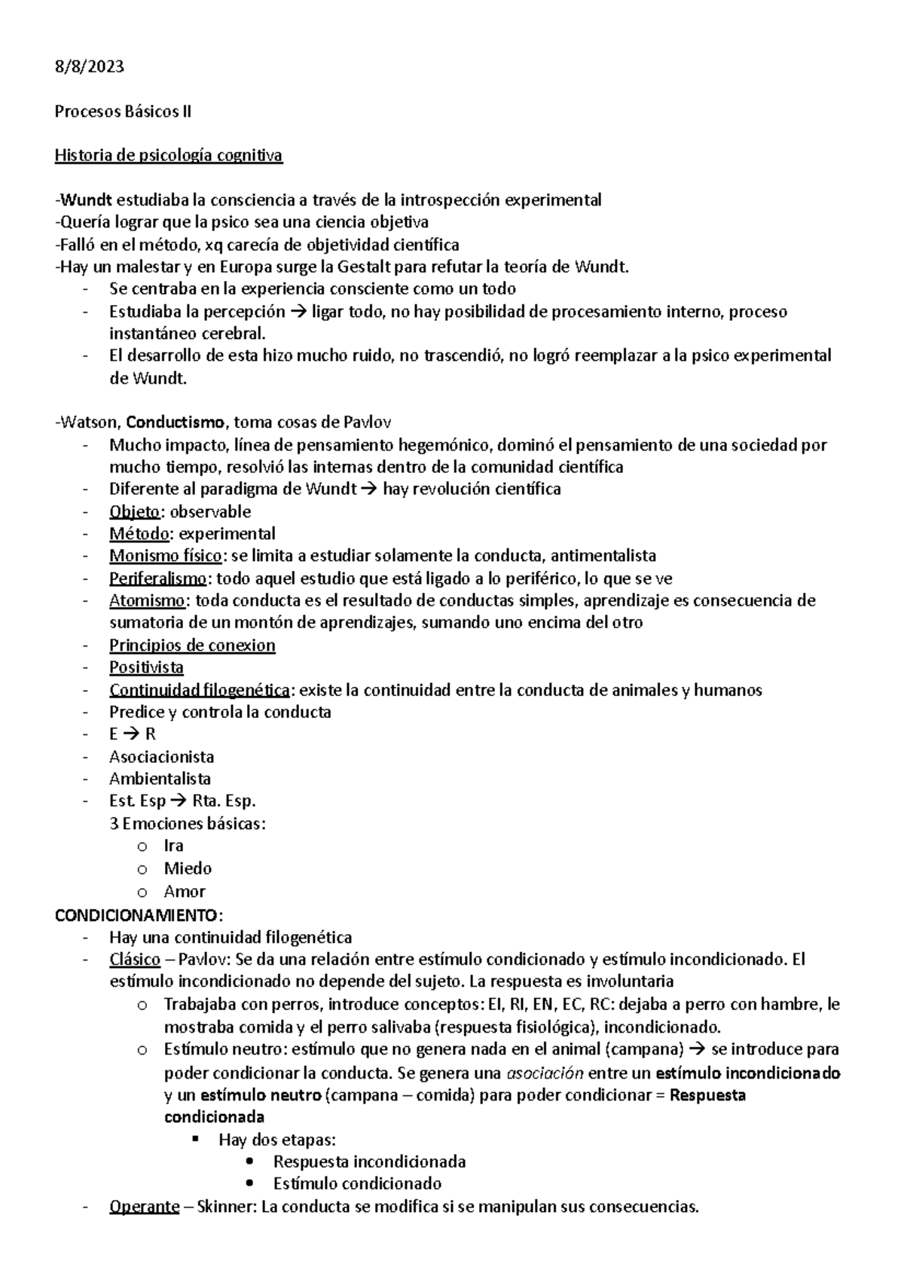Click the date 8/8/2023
(x=89, y=67)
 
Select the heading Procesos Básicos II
(x=123, y=111)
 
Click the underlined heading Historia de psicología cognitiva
(x=168, y=156)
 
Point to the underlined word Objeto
(x=134, y=511)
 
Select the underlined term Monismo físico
(x=165, y=556)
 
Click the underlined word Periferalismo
(x=157, y=578)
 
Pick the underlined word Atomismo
(x=146, y=600)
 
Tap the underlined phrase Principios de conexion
(x=192, y=645)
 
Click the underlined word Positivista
(x=146, y=667)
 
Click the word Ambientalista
(x=160, y=779)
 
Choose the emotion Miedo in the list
(x=188, y=868)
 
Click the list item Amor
(x=185, y=892)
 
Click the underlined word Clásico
(x=135, y=960)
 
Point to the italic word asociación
(x=545, y=1073)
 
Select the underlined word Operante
(x=145, y=1207)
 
